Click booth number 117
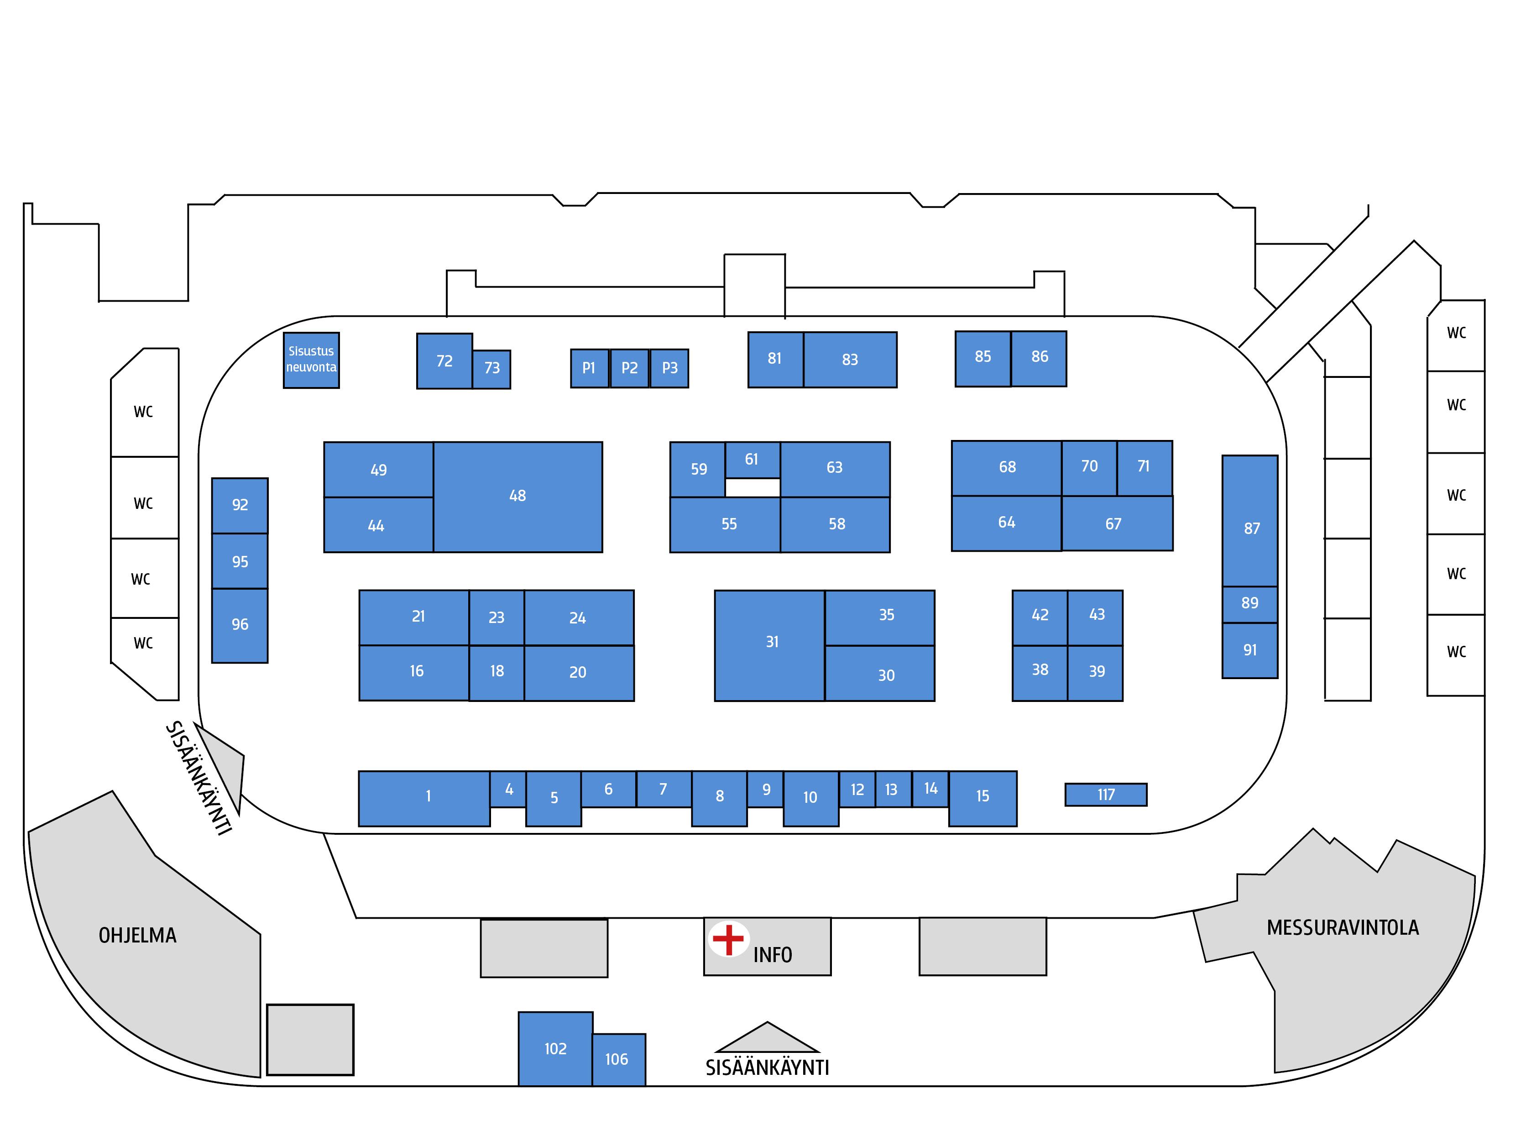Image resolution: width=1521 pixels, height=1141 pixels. [x=1106, y=795]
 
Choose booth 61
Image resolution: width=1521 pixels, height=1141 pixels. [x=752, y=460]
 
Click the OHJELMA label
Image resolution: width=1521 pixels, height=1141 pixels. [x=137, y=935]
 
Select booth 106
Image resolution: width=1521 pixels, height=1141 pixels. [x=617, y=1059]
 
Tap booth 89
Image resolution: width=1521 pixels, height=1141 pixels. [x=1249, y=603]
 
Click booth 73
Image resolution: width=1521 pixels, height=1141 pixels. [x=491, y=369]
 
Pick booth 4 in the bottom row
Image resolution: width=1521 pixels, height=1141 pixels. [x=509, y=789]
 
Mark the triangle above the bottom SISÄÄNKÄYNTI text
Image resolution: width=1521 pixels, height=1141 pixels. [x=768, y=1038]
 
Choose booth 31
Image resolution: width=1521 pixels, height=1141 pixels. [x=772, y=642]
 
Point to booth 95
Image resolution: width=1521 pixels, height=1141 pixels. [x=240, y=561]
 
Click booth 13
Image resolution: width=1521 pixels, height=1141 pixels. [x=891, y=790]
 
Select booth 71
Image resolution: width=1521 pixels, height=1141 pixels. [x=1144, y=466]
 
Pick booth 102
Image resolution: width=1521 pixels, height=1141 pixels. [x=555, y=1048]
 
